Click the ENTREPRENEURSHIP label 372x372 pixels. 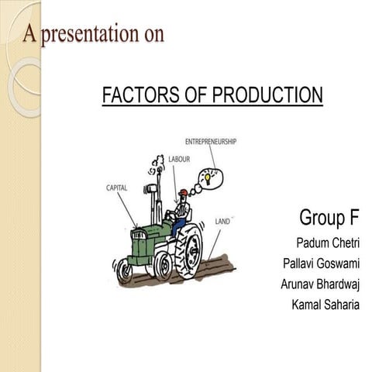point(211,141)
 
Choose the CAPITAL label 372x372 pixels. point(117,188)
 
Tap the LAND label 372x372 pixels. point(224,222)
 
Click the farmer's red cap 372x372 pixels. point(182,193)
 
